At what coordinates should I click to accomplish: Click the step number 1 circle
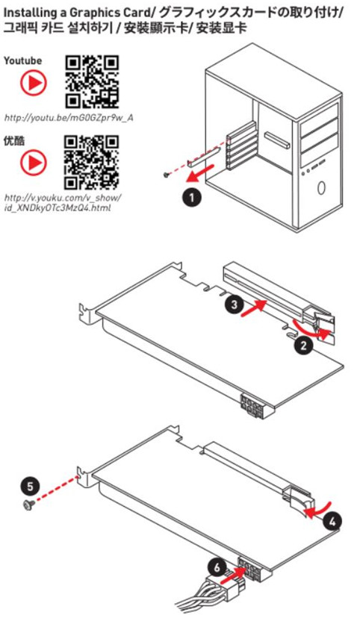coord(192,197)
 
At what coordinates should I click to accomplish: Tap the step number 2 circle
coord(303,346)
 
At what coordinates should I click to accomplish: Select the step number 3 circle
coord(235,305)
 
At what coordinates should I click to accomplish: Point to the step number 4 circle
coord(332,522)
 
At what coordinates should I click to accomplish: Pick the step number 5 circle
coord(31,486)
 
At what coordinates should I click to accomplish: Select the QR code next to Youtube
coord(92,81)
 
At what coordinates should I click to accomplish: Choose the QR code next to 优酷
coord(92,162)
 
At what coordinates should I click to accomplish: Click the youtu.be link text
coord(69,117)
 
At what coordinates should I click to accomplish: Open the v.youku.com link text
coord(63,202)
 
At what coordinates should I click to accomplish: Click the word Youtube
coord(22,60)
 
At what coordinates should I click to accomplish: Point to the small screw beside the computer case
coord(167,174)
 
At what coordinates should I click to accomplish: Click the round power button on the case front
coord(321,187)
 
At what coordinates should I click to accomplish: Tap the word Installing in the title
coord(30,13)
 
